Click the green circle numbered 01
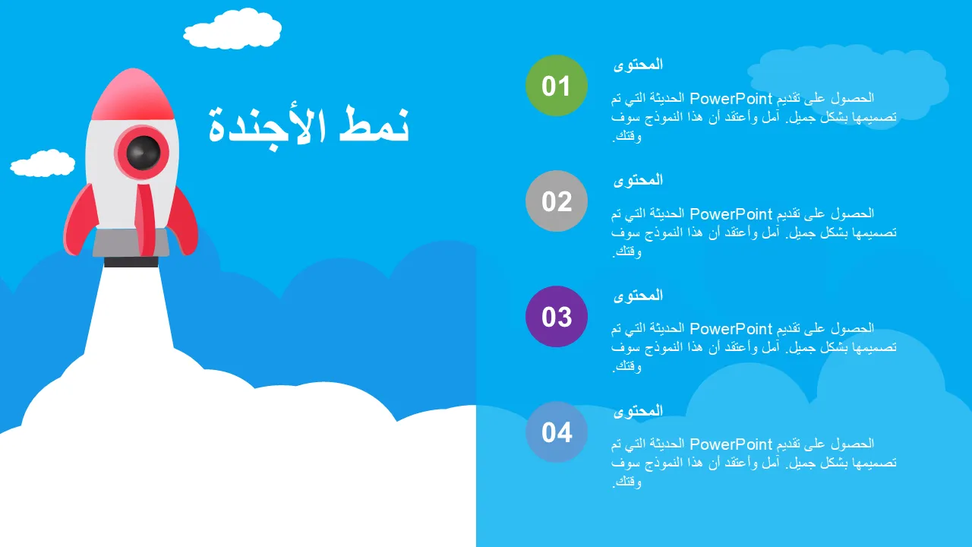click(557, 86)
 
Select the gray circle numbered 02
click(557, 201)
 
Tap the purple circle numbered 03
click(557, 317)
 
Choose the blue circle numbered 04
click(557, 432)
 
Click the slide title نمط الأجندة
click(308, 127)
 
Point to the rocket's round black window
click(144, 153)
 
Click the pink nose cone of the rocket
click(133, 94)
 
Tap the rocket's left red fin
click(80, 220)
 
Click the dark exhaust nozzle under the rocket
click(131, 262)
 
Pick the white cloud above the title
click(232, 29)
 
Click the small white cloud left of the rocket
click(43, 163)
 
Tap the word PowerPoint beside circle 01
click(731, 99)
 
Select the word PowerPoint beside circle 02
click(731, 214)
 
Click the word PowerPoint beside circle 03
click(731, 329)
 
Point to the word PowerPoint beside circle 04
click(731, 444)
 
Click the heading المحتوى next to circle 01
click(639, 65)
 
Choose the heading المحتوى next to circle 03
click(639, 296)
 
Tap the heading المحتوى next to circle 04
click(639, 411)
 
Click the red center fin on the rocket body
click(145, 220)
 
